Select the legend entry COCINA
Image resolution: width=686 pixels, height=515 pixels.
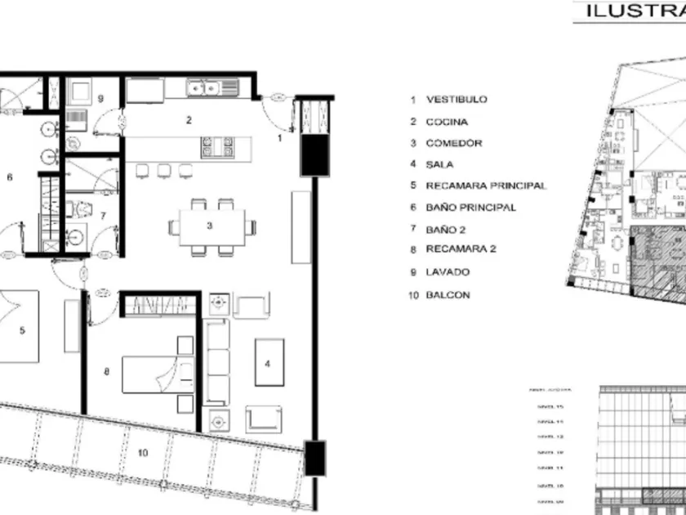[447, 122]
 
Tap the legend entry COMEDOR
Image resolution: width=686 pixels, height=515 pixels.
[453, 143]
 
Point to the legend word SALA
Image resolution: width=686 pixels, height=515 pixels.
[440, 164]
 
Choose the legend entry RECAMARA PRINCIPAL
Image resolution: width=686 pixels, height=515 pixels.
[486, 186]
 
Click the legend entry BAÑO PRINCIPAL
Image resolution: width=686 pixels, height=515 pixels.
[470, 208]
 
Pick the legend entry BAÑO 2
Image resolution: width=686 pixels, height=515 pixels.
[444, 229]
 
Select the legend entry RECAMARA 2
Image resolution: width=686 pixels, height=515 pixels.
[461, 249]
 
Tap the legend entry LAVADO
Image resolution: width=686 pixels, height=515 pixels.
[448, 272]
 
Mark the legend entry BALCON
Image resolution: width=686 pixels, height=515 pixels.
[448, 295]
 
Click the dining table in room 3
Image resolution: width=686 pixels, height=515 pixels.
[211, 226]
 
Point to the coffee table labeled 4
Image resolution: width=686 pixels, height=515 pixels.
[269, 361]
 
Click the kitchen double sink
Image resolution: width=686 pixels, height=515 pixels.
[203, 87]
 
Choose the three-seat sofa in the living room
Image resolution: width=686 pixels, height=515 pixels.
[216, 361]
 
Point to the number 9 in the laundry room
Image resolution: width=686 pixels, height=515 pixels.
[100, 98]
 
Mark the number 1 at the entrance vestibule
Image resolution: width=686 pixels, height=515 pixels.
[280, 138]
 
